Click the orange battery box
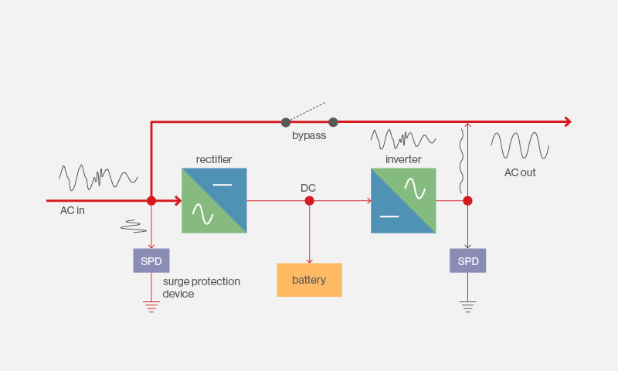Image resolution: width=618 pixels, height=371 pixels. point(310,280)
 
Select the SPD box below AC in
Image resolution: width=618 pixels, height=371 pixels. point(151,260)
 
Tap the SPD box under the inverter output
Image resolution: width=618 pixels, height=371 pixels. point(468,260)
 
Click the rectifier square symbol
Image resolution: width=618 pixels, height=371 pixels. point(215,201)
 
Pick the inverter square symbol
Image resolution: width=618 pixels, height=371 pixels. point(403,201)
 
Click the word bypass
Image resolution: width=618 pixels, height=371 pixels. point(309,135)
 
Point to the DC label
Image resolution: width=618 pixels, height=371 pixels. point(308,188)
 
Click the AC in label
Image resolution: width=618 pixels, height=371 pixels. point(73,210)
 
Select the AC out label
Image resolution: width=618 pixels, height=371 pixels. point(520,172)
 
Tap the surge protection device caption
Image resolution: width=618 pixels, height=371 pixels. point(202,288)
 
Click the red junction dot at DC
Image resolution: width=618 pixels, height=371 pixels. point(310,201)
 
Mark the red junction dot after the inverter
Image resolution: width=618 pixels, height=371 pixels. point(468,201)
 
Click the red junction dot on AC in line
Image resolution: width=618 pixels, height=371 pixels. point(151,201)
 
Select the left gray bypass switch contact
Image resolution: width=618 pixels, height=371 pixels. point(286,122)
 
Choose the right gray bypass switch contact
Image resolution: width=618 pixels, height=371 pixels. point(333,122)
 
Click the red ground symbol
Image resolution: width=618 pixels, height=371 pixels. point(151,307)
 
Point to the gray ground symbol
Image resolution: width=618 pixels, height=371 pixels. point(468,307)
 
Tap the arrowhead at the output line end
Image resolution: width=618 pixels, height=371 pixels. point(568,122)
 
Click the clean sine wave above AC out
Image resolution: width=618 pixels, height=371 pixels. point(520,146)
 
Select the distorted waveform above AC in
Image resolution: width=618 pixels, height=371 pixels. point(99,178)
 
